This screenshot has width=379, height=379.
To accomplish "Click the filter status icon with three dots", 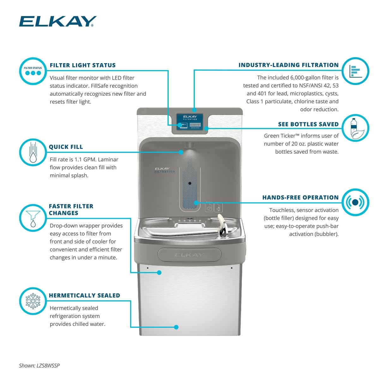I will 33,71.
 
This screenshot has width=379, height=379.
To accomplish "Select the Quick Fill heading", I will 66,147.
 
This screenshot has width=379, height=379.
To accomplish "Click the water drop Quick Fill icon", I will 33,152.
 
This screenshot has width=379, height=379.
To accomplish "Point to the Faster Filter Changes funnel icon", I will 33,218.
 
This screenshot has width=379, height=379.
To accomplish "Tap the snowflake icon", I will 33,301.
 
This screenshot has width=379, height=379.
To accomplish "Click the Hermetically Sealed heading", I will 84,296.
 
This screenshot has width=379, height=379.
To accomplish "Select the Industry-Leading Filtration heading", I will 288,65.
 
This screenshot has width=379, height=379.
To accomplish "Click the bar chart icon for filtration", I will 355,71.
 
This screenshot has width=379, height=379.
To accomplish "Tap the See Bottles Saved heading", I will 308,124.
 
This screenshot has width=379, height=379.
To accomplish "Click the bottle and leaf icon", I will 355,128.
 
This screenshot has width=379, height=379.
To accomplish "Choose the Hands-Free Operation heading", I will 300,198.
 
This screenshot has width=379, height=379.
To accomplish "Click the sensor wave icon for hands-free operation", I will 355,202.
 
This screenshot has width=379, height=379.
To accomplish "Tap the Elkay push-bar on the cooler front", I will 189,255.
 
